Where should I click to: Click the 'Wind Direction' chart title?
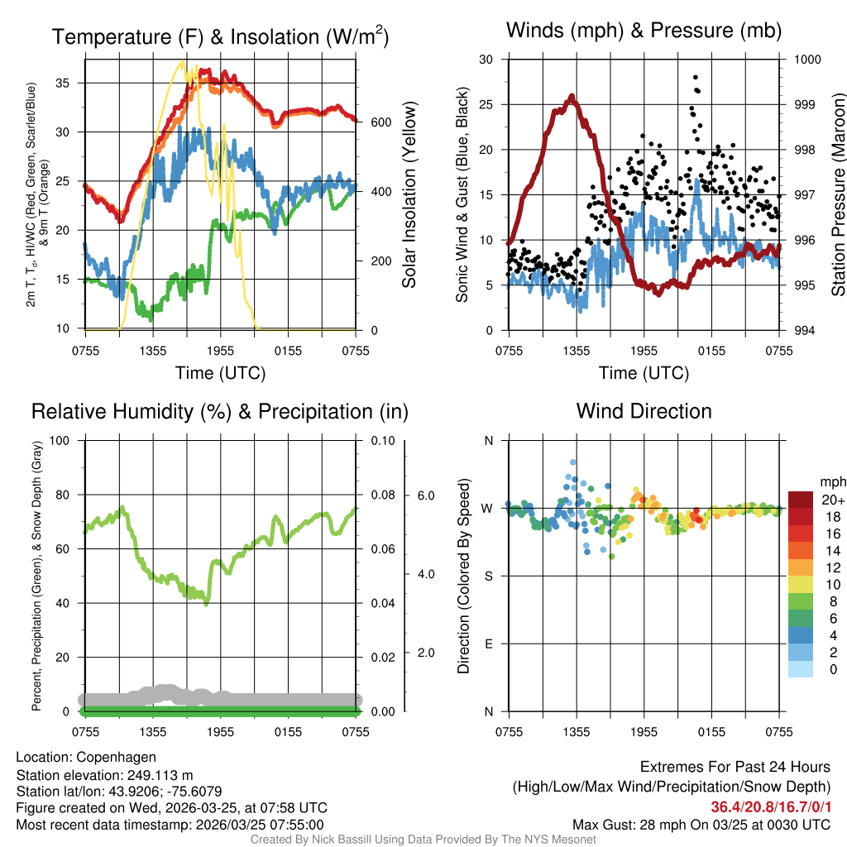[644, 411]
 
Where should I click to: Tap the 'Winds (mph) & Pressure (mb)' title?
[644, 31]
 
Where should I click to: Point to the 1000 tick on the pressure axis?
[806, 60]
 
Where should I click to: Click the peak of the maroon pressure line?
[572, 97]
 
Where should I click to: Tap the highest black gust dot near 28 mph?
[696, 77]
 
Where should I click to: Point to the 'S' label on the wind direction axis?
[487, 576]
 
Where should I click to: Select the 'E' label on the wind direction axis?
[487, 644]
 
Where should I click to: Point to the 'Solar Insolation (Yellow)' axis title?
[409, 195]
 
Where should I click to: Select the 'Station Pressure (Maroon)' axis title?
[837, 195]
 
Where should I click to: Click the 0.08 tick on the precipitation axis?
[382, 495]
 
